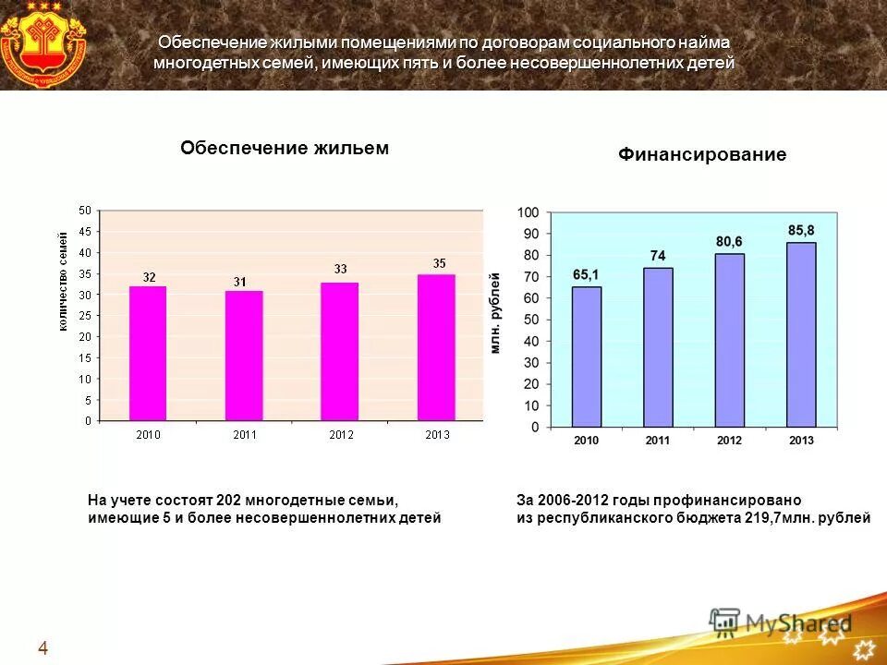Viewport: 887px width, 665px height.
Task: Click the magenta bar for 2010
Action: click(148, 354)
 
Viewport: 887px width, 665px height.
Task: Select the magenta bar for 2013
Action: click(436, 347)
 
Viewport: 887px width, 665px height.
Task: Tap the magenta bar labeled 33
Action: click(340, 351)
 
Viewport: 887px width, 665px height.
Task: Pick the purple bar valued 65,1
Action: click(586, 357)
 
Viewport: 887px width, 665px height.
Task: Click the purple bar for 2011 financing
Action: click(658, 347)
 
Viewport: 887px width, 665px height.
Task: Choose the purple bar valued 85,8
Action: click(801, 334)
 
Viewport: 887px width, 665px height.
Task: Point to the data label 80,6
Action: click(729, 241)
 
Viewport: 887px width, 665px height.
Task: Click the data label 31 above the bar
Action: click(239, 282)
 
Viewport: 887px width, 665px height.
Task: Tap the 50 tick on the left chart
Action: click(85, 211)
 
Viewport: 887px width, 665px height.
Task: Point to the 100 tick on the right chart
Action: click(528, 212)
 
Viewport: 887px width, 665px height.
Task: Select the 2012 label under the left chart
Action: click(340, 435)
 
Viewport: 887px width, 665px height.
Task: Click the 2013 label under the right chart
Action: click(801, 441)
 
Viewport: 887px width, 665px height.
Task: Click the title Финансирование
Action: click(702, 155)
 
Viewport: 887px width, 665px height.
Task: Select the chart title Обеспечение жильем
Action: click(285, 148)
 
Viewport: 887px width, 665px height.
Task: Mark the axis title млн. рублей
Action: click(496, 313)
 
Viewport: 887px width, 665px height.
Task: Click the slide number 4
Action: click(43, 648)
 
